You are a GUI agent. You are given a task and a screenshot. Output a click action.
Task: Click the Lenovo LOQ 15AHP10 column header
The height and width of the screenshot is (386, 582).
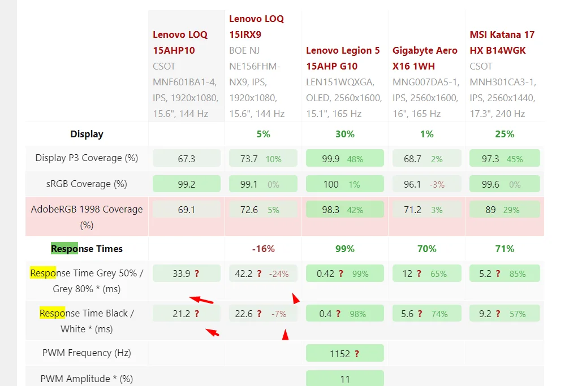coord(180,42)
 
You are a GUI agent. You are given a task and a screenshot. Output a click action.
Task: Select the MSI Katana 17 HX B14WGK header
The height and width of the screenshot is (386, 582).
coord(502,42)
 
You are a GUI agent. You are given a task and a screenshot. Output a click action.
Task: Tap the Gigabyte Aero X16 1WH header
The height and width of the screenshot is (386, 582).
coord(425,58)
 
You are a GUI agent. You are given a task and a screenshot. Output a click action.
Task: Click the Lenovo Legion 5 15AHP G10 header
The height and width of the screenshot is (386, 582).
coord(343,58)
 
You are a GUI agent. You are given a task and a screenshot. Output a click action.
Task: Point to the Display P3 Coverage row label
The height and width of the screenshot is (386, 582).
coord(87,158)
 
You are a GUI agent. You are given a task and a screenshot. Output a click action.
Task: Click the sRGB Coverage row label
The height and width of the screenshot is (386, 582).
coord(87,184)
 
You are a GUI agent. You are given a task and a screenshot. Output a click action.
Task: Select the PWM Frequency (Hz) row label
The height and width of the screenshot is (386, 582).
coord(87,353)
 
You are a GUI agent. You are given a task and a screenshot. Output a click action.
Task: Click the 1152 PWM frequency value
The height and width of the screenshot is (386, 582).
coord(339,354)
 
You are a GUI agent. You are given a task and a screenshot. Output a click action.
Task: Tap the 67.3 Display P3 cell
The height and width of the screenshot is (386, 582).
coord(186,159)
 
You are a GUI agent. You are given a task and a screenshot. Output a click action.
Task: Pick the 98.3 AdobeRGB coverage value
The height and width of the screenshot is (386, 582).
coord(330,210)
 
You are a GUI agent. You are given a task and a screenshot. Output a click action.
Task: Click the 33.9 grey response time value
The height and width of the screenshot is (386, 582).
coord(181,274)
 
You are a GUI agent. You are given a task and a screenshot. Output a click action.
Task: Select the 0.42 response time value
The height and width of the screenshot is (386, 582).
coord(325,274)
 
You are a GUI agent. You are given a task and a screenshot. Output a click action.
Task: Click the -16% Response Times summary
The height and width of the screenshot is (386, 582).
coord(263,249)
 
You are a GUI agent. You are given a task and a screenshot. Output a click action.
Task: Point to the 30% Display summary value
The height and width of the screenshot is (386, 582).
coord(345,135)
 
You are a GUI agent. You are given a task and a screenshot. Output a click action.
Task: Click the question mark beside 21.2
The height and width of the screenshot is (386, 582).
coord(197,314)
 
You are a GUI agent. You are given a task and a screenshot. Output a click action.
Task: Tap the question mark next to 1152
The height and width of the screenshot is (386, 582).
coord(357,354)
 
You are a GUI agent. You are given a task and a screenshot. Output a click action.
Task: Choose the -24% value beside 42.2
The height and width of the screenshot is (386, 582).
coord(279,274)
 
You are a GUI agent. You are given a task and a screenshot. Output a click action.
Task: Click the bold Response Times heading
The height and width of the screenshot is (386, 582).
coord(87,249)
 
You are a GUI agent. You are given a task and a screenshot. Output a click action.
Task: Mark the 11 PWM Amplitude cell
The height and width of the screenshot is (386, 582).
coord(345,379)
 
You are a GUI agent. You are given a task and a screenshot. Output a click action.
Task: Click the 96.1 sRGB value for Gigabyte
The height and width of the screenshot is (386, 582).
coord(412,184)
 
